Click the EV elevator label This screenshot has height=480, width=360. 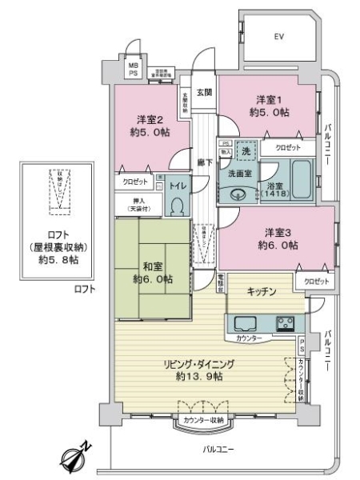coord(279,37)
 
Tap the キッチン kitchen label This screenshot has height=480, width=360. coord(262,293)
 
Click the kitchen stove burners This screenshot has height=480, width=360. coord(286,323)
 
